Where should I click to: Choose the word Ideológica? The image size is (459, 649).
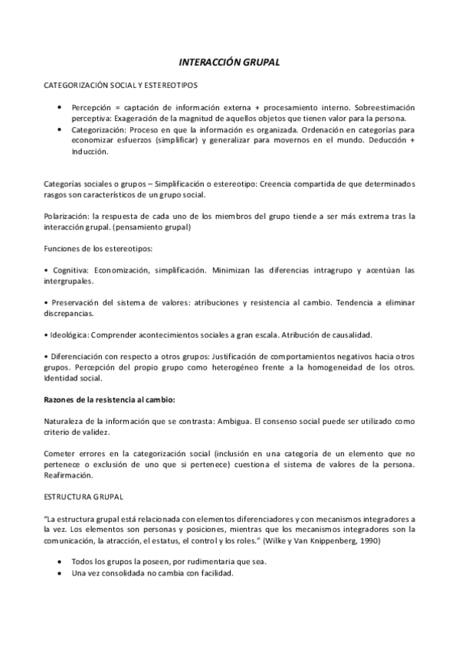[69, 335]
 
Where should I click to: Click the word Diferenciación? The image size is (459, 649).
[78, 357]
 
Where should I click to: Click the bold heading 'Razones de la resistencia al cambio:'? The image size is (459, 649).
[110, 400]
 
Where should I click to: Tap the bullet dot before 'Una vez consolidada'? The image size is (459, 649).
[60, 573]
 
